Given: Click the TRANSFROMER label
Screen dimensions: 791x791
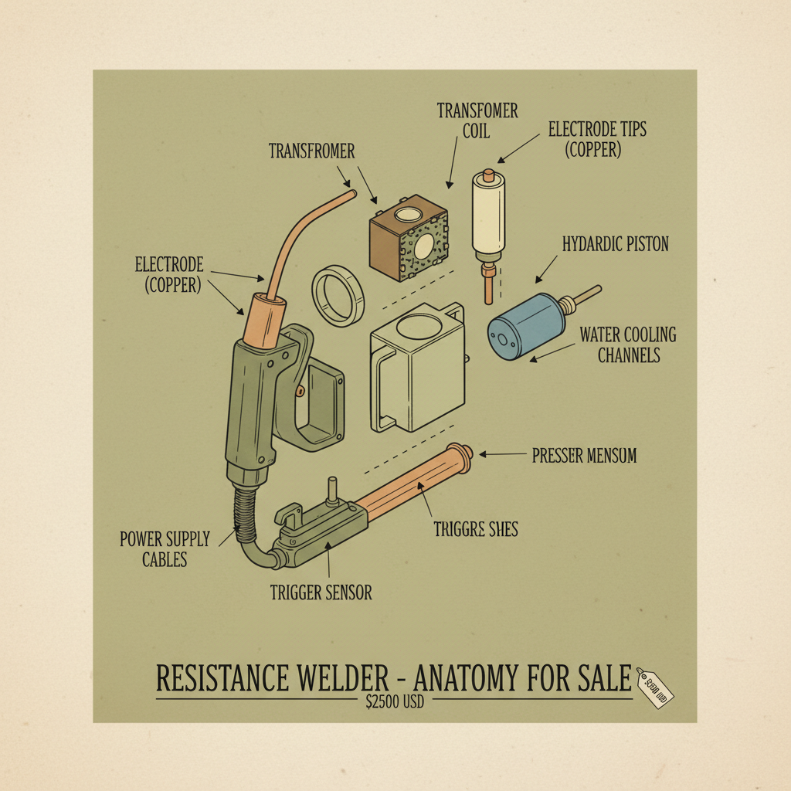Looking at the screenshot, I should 311,151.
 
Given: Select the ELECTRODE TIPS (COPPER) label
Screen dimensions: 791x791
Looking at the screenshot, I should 597,139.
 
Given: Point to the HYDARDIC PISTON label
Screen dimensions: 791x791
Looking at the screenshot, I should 615,245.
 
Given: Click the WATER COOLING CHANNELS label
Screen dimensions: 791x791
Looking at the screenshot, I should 627,345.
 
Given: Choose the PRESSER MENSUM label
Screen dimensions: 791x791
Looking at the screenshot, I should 584,456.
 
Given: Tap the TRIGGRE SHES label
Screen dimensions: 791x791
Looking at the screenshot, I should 475,529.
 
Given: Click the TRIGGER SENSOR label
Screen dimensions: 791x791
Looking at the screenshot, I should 321,592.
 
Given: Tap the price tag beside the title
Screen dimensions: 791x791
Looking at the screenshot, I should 654,687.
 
